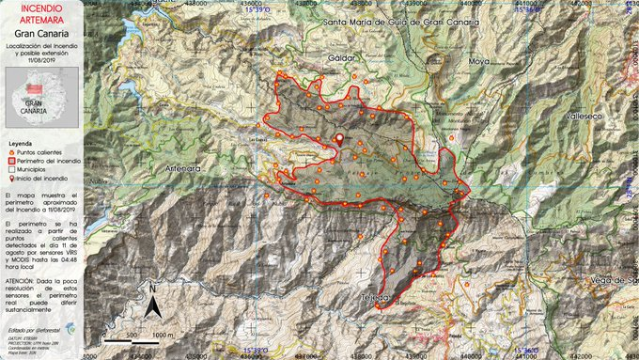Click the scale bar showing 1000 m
[x=137, y=337]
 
